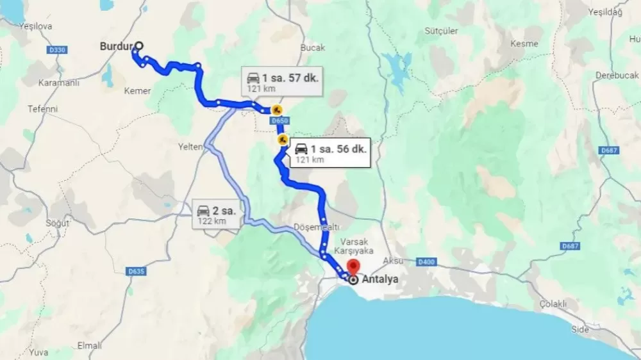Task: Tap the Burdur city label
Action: pos(116,46)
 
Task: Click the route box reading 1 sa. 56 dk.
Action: pos(330,152)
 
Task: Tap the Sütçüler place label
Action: pos(442,31)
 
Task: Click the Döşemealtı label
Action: pos(316,227)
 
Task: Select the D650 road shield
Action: pos(280,120)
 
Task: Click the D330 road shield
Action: pos(57,49)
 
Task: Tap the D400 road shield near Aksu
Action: pos(427,261)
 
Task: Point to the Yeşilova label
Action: pos(35,26)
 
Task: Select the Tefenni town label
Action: pos(42,109)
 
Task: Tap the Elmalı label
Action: pos(89,345)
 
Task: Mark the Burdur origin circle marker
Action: pos(139,46)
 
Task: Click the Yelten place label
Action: pos(190,147)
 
